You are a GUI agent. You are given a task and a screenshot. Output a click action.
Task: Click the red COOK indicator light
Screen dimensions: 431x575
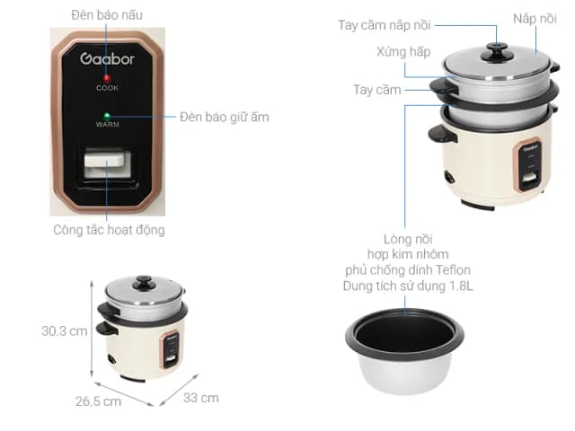(107, 77)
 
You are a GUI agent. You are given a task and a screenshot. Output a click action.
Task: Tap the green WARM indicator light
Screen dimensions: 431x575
(107, 116)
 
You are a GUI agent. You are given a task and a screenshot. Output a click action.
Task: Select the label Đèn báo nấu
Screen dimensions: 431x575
(107, 15)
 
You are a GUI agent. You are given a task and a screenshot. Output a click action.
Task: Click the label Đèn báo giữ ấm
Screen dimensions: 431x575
(224, 117)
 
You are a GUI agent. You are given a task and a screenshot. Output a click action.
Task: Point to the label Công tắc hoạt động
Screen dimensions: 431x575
(108, 230)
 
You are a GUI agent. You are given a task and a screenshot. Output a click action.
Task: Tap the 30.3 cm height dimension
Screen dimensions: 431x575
(65, 330)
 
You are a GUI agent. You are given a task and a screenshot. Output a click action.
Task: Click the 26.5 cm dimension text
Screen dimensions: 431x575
(97, 401)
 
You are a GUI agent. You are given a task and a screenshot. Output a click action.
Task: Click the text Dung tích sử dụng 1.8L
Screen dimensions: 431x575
(407, 286)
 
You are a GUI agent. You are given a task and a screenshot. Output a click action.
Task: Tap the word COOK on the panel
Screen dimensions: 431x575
(107, 88)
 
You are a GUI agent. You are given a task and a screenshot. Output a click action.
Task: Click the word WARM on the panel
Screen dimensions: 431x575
(107, 127)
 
